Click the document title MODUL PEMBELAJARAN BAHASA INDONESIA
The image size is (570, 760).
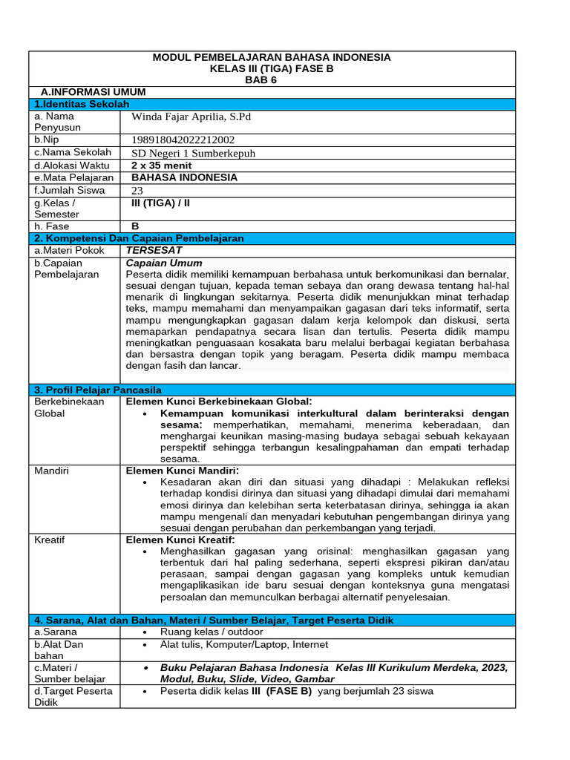(271, 57)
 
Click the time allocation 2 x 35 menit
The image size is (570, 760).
(161, 166)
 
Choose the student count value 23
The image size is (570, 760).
(137, 190)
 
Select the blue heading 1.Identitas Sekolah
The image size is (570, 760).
(82, 104)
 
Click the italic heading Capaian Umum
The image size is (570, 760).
(164, 263)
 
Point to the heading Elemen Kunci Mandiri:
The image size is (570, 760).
(183, 471)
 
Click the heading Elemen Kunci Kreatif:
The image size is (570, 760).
(180, 540)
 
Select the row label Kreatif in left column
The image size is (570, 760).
(50, 540)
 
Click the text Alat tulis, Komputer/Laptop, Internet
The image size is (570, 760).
(244, 644)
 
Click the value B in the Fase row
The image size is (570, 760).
(135, 226)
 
